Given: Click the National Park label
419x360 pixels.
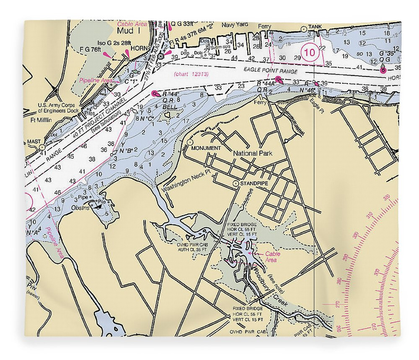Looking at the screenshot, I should click(252, 153).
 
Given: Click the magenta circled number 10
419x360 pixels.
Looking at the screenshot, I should click(310, 53).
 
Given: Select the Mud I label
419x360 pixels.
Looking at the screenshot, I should click(126, 31).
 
